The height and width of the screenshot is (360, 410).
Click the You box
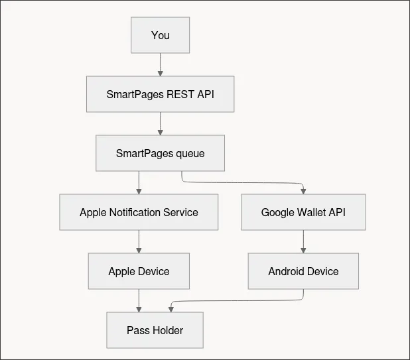[160, 35]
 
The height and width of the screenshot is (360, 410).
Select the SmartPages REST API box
[160, 94]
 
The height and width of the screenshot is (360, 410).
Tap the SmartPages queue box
[160, 153]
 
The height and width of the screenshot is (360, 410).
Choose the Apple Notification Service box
[139, 212]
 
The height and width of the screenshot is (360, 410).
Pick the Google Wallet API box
[303, 212]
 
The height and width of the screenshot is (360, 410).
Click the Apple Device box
[139, 271]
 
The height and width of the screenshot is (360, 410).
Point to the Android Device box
[303, 271]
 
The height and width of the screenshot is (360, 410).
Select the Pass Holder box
[155, 330]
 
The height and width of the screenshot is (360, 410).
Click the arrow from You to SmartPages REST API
[160, 64]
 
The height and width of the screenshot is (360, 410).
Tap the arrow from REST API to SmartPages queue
[160, 123]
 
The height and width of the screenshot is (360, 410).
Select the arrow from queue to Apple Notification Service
[139, 182]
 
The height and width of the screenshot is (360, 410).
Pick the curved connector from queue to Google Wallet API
[243, 181]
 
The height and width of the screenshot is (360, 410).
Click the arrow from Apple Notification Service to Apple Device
[139, 241]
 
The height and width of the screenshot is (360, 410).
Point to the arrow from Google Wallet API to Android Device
[303, 241]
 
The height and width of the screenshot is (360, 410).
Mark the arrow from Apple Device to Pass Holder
[139, 300]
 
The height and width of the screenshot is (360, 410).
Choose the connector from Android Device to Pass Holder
[239, 300]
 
